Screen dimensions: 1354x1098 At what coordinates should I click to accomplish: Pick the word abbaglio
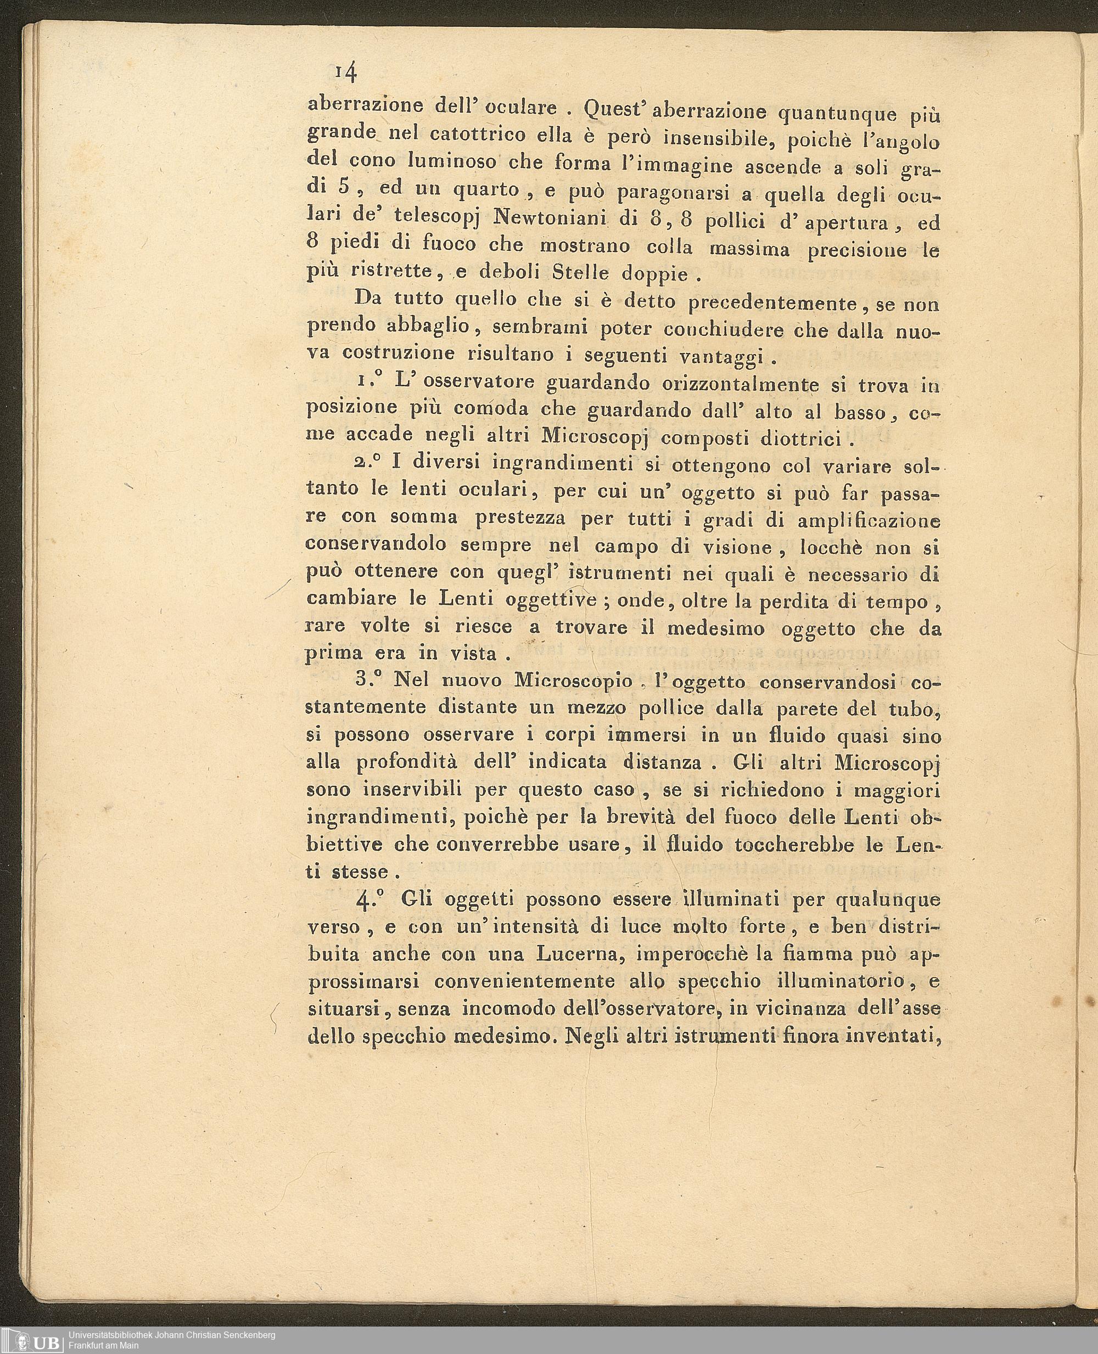click(x=428, y=327)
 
